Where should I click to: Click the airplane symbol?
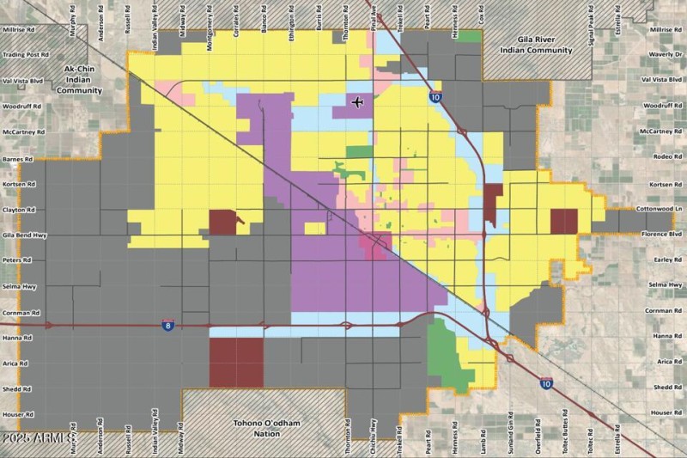coord(358,103)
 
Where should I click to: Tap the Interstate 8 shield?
coord(168,326)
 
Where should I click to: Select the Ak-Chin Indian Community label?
coord(82,78)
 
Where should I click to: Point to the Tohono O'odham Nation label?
coord(269,428)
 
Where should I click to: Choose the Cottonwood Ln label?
coord(660,209)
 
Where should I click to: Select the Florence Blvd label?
coord(661,234)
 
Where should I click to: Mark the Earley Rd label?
coord(666,260)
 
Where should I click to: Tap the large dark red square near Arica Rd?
coord(236,362)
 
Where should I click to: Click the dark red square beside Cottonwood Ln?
coord(563,221)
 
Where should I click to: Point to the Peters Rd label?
coord(18,260)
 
